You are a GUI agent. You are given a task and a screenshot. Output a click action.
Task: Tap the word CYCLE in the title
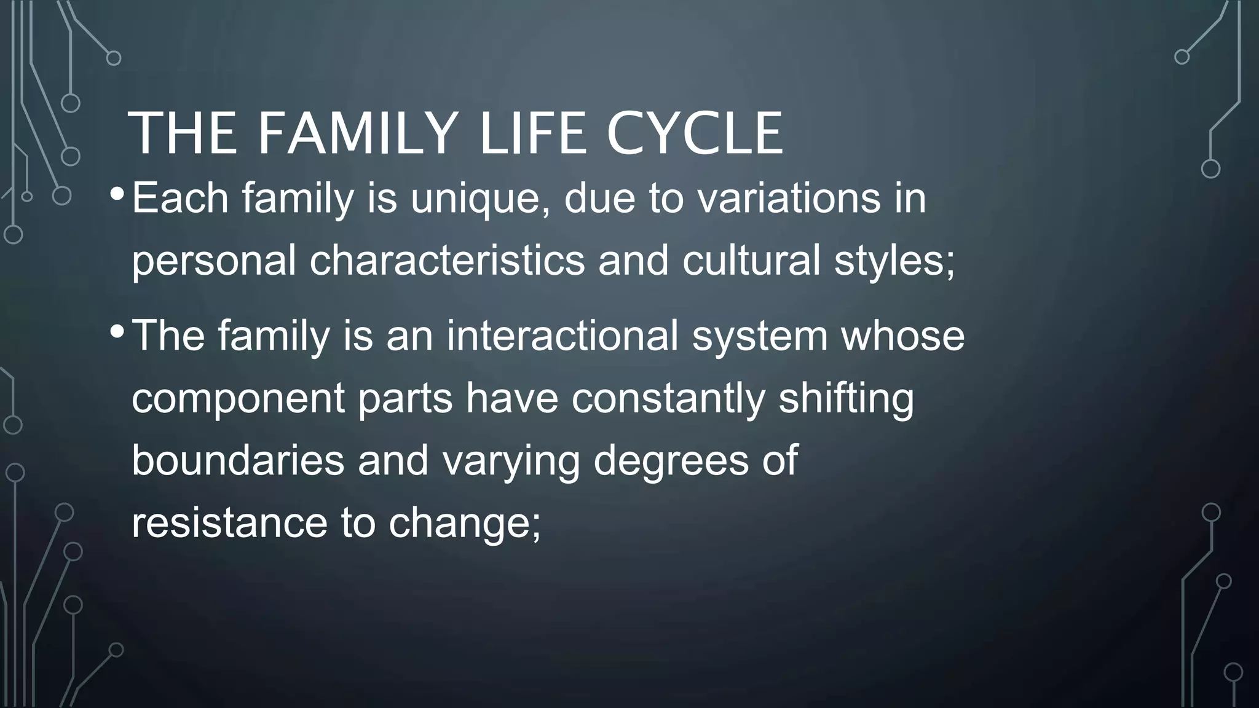694,133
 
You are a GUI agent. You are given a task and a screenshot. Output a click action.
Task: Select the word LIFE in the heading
532,133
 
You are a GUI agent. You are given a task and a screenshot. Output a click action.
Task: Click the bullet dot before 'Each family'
116,195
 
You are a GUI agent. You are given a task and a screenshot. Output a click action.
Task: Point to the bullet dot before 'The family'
116,332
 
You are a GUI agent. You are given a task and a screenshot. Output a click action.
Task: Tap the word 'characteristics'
447,261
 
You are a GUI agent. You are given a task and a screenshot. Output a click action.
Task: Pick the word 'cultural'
751,261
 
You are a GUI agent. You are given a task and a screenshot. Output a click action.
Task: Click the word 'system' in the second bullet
760,337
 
